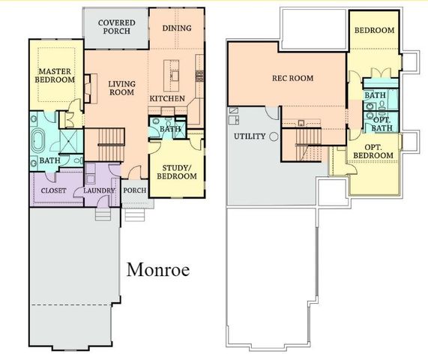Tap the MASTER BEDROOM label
click(x=55, y=75)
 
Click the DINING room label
click(x=177, y=28)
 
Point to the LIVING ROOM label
click(x=120, y=88)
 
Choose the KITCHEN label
click(x=167, y=98)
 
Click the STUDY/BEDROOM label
click(x=176, y=172)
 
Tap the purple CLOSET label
click(x=53, y=190)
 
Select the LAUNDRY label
click(x=99, y=190)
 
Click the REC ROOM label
click(x=292, y=78)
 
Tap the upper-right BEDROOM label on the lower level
click(x=374, y=31)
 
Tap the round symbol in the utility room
click(x=274, y=136)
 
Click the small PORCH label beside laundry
click(x=135, y=190)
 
